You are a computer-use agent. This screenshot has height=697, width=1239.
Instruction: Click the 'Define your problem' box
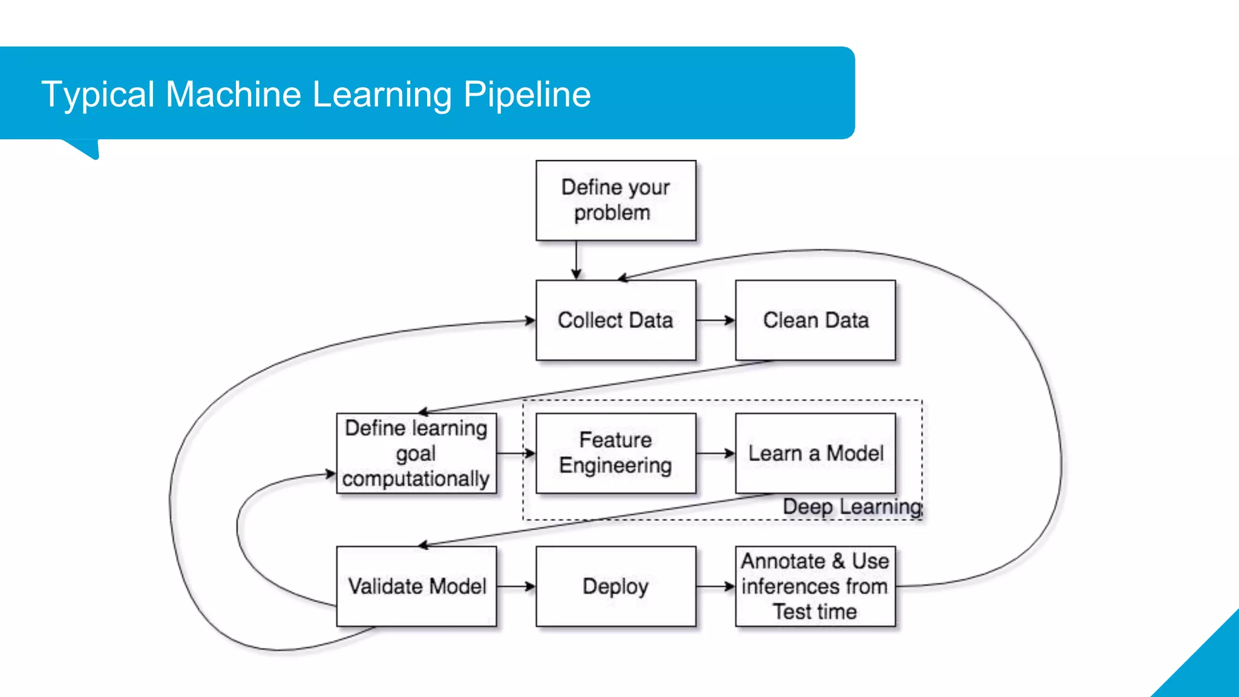pyautogui.click(x=616, y=200)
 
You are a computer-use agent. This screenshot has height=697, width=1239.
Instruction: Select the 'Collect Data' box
pyautogui.click(x=616, y=320)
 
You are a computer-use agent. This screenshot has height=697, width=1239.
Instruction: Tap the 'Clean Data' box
pyautogui.click(x=816, y=320)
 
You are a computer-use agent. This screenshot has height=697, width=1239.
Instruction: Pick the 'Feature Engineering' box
pyautogui.click(x=616, y=453)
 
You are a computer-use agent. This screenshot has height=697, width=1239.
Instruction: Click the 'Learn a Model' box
pyautogui.click(x=816, y=453)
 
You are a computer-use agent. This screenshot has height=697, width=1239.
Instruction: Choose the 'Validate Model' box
pyautogui.click(x=416, y=586)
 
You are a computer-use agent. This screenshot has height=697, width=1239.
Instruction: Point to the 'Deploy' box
pyautogui.click(x=616, y=586)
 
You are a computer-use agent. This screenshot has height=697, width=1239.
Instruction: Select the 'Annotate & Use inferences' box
pyautogui.click(x=816, y=586)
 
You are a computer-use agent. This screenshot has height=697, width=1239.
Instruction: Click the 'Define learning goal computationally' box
pyautogui.click(x=416, y=453)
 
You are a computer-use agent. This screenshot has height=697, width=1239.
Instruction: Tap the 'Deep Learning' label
pyautogui.click(x=852, y=506)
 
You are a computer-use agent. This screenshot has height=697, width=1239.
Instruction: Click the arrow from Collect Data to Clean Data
pyautogui.click(x=716, y=320)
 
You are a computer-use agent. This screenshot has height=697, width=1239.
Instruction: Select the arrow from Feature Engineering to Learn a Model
pyautogui.click(x=716, y=453)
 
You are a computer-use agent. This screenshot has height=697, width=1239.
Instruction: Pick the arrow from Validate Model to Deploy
pyautogui.click(x=516, y=586)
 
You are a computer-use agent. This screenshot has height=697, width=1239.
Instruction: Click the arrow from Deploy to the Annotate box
pyautogui.click(x=716, y=586)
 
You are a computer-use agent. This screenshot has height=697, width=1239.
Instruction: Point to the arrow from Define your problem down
pyautogui.click(x=577, y=260)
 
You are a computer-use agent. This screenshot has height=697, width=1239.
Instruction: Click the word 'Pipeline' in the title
pyautogui.click(x=527, y=94)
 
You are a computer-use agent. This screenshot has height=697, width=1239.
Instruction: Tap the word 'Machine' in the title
pyautogui.click(x=234, y=94)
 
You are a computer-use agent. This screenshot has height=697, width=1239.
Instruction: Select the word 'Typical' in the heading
pyautogui.click(x=98, y=94)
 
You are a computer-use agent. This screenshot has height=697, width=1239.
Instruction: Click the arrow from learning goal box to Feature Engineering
pyautogui.click(x=516, y=453)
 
